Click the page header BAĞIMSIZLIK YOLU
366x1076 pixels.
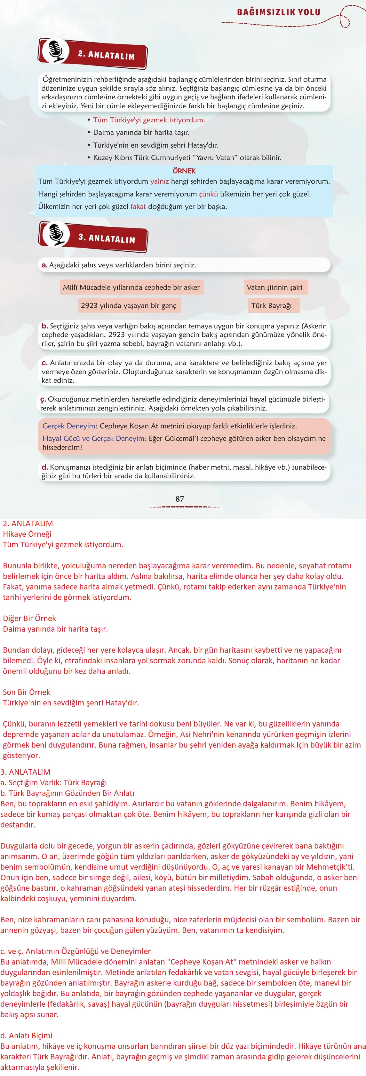[279, 12]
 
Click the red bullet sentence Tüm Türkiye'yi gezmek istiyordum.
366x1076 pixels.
[148, 120]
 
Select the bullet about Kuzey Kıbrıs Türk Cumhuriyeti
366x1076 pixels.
[187, 158]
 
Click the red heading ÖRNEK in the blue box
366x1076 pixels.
[184, 170]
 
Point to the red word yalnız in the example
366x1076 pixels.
[159, 181]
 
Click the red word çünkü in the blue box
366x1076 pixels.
[208, 194]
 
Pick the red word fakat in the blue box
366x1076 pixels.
[138, 206]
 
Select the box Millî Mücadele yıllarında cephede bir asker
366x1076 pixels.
[131, 287]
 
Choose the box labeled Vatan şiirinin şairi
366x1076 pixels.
[274, 287]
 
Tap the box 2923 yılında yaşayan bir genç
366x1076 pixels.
[129, 305]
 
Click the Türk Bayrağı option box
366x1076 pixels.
[272, 305]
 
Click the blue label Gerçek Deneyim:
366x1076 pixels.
[70, 426]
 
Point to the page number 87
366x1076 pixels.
[180, 499]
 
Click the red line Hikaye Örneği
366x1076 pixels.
[27, 534]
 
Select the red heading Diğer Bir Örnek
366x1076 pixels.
[29, 618]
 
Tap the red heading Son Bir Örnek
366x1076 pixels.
[26, 692]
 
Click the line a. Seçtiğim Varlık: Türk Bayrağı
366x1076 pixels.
[53, 782]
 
